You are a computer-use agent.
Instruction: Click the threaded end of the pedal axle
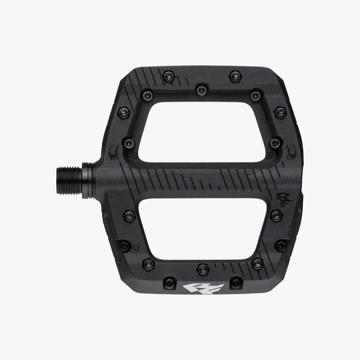click(69, 181)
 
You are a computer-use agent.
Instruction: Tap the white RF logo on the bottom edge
click(204, 289)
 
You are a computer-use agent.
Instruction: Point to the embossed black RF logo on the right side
click(284, 200)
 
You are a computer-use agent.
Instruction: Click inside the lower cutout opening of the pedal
click(202, 229)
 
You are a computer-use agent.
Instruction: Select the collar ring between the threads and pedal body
click(88, 180)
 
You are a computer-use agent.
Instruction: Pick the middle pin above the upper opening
click(201, 90)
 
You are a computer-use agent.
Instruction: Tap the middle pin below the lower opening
click(203, 269)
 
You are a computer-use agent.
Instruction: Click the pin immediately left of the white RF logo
click(169, 282)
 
